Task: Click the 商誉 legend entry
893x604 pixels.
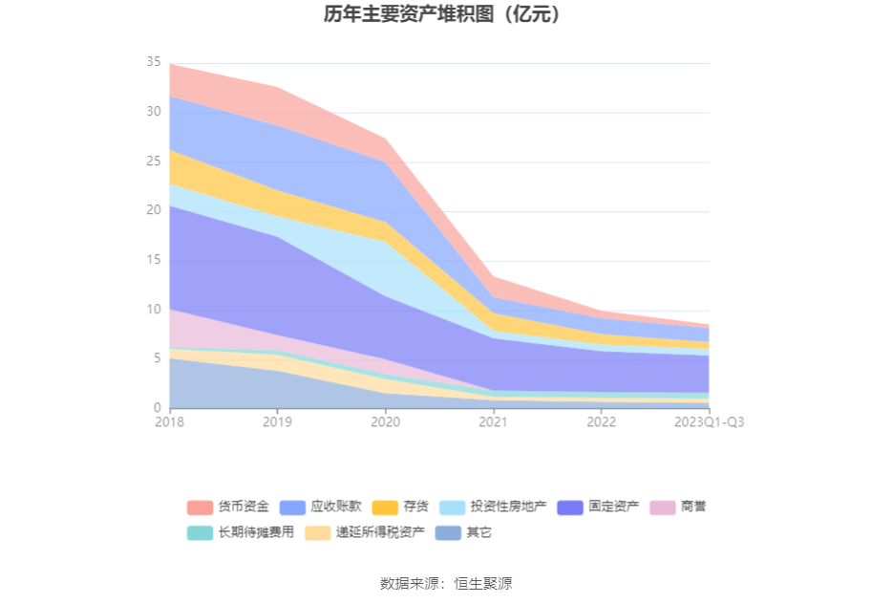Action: point(693,507)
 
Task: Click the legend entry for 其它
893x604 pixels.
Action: point(478,532)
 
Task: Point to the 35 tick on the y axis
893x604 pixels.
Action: point(153,62)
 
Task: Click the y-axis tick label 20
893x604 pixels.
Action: point(153,210)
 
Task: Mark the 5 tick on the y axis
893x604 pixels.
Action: point(157,358)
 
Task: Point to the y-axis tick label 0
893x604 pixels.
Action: point(157,408)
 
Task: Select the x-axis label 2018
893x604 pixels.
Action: point(170,421)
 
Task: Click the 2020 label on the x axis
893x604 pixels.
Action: point(385,421)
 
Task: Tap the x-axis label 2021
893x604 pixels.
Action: point(493,421)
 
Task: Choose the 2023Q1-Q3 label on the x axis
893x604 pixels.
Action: point(709,421)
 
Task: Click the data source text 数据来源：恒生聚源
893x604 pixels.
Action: point(446,583)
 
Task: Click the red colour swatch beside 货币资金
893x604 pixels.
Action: point(200,507)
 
